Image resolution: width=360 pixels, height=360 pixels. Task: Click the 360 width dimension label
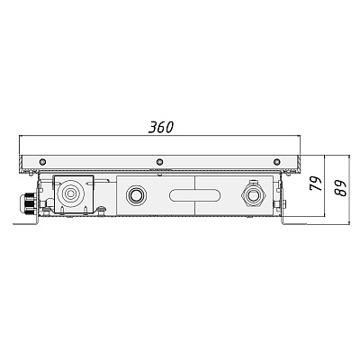click(x=161, y=128)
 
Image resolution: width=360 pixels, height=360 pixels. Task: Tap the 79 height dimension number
click(x=315, y=184)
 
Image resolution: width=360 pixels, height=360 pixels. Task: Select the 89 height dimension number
click(x=340, y=188)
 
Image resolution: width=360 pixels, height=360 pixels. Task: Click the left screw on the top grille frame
click(x=43, y=162)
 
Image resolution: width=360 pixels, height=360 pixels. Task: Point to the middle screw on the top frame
click(x=160, y=162)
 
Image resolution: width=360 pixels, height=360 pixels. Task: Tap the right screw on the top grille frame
click(x=276, y=162)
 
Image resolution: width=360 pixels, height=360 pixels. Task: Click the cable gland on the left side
click(x=28, y=204)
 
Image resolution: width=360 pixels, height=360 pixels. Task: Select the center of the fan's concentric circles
click(x=70, y=193)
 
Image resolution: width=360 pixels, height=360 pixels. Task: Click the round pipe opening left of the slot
click(x=137, y=195)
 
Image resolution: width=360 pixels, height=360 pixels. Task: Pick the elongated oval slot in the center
click(x=194, y=195)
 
